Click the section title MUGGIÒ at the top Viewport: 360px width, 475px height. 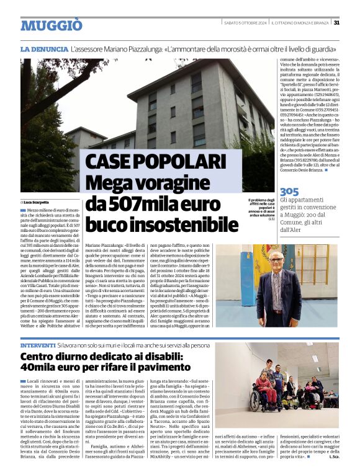[x=51, y=25]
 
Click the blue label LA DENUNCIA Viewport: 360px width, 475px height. [x=43, y=48]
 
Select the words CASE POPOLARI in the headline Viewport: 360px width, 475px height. [x=154, y=162]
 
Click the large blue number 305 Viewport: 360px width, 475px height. [x=289, y=192]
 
